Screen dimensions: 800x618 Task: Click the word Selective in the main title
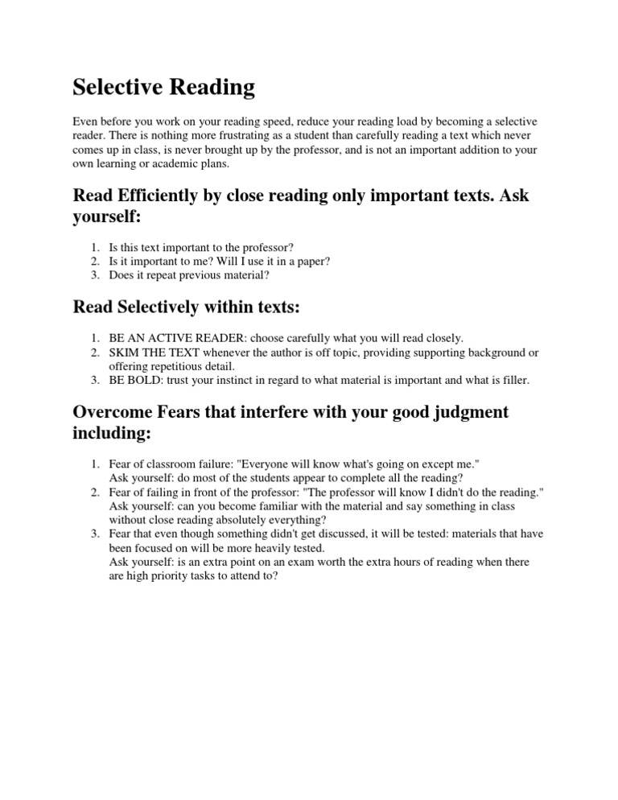click(121, 87)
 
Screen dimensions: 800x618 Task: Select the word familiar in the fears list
click(282, 507)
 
